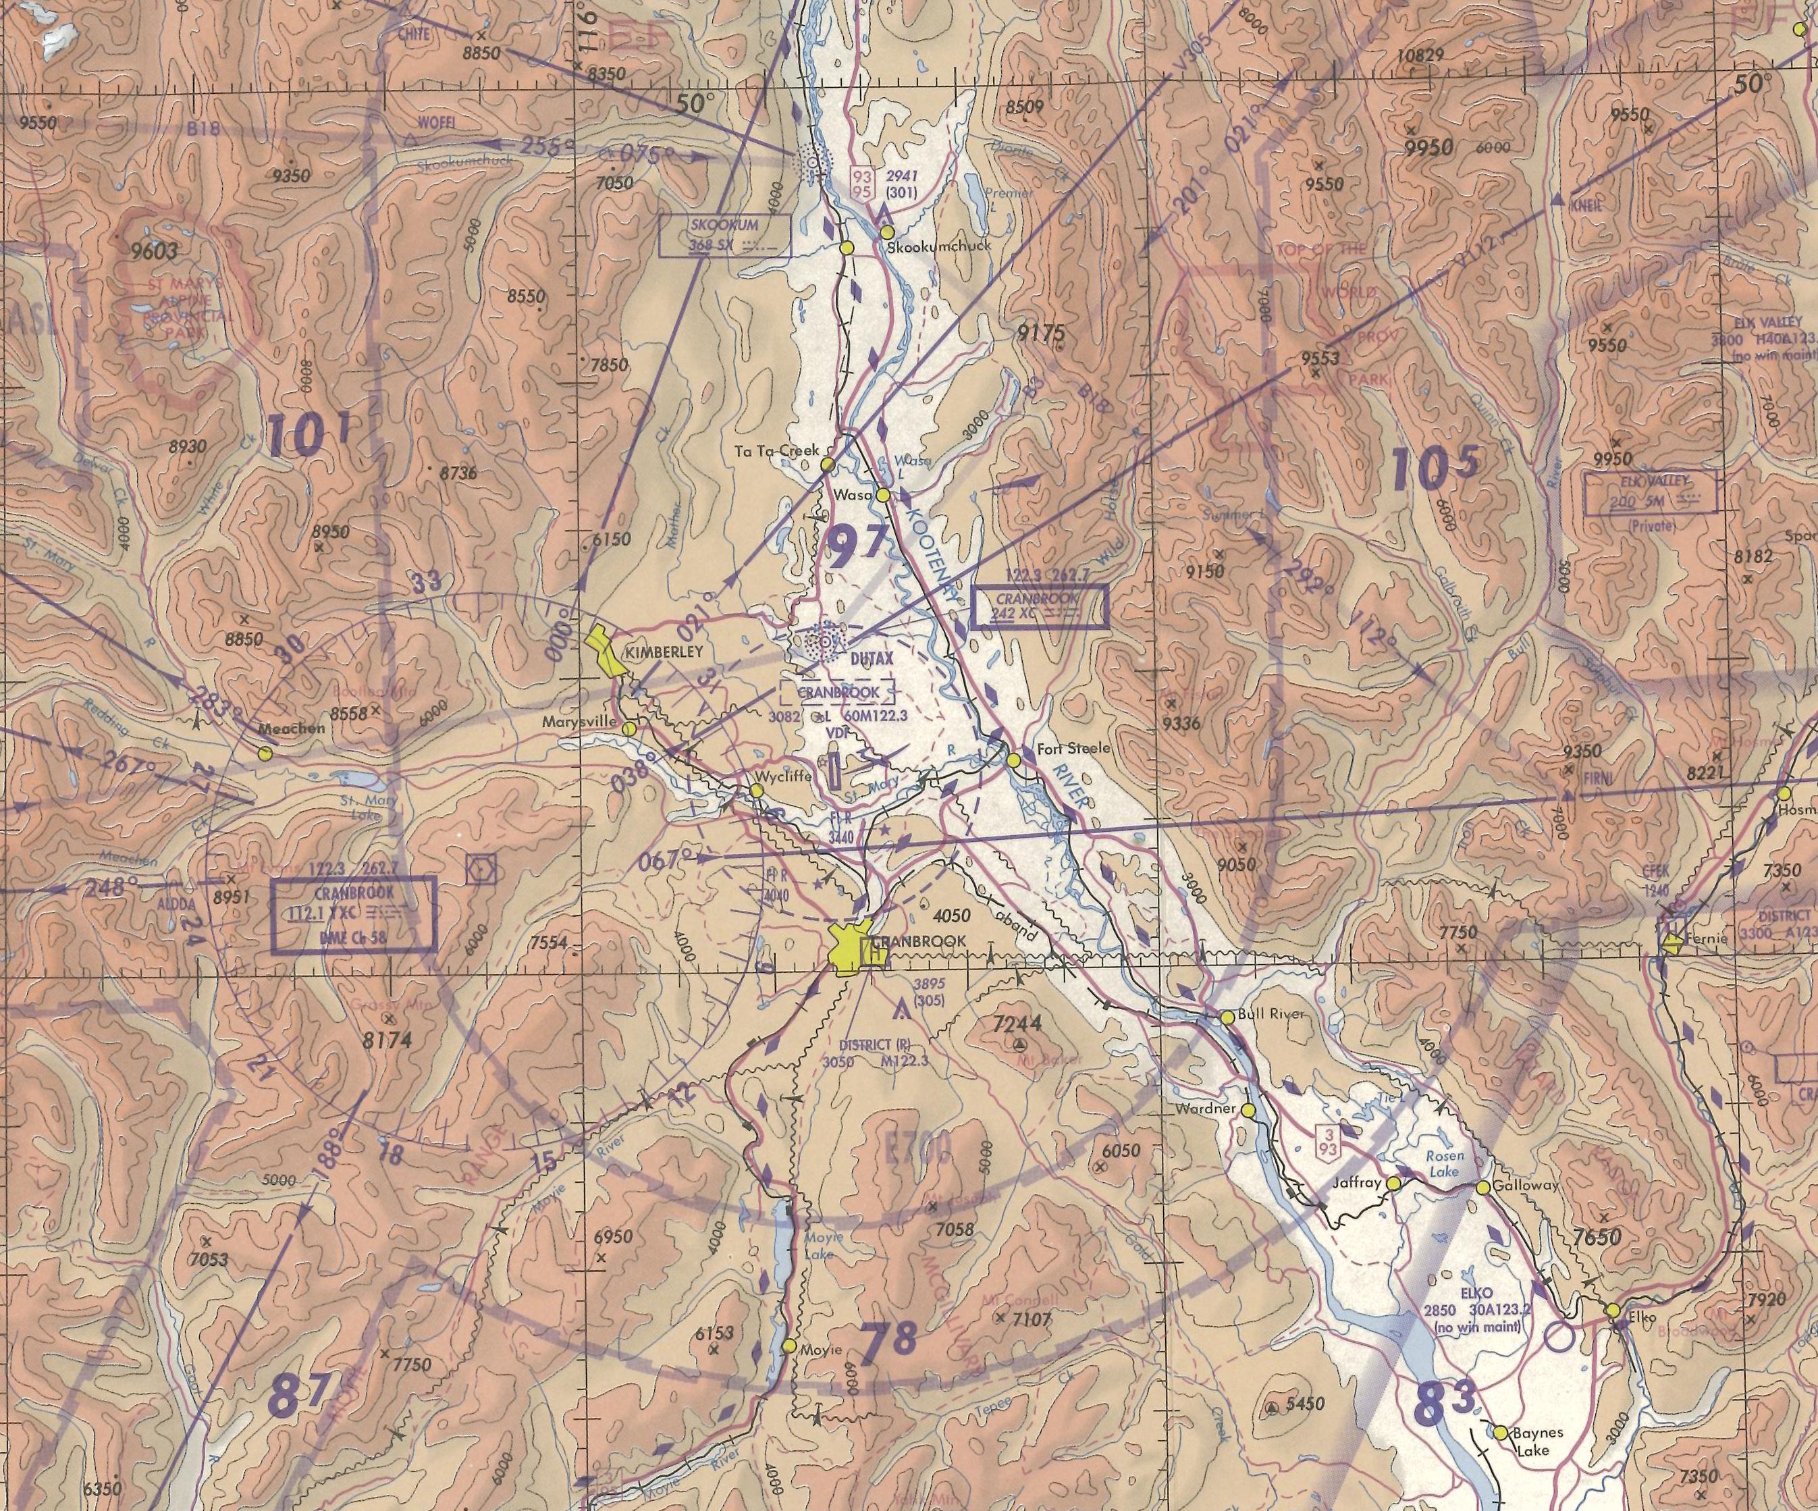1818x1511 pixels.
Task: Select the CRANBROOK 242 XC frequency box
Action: point(1040,606)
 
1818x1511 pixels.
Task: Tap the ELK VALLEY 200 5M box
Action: point(1649,494)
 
